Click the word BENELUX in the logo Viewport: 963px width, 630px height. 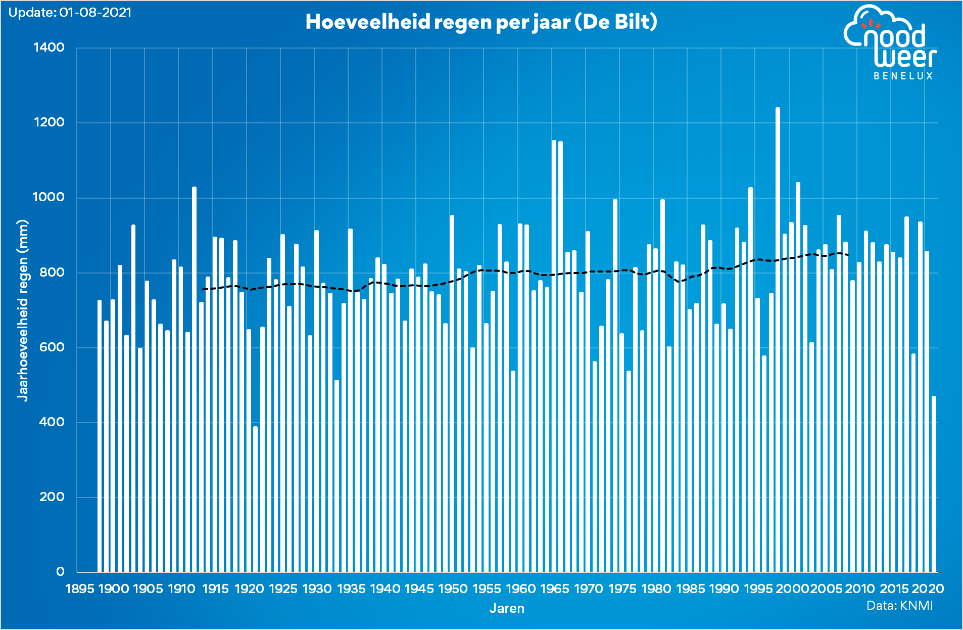[x=903, y=76]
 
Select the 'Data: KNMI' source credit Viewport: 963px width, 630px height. [x=899, y=605]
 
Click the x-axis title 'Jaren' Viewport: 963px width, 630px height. [x=507, y=608]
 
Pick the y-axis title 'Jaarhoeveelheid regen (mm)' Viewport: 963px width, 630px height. [x=23, y=310]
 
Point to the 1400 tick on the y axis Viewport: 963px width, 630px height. [x=49, y=48]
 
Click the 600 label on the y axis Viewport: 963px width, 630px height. [x=52, y=347]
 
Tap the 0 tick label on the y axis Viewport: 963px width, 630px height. [x=60, y=572]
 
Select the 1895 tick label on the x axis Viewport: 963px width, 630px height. [x=80, y=589]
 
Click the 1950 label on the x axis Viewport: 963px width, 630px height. [x=453, y=589]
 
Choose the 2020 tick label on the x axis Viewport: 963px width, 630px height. [x=928, y=589]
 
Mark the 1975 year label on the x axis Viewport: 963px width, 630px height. [x=622, y=589]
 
